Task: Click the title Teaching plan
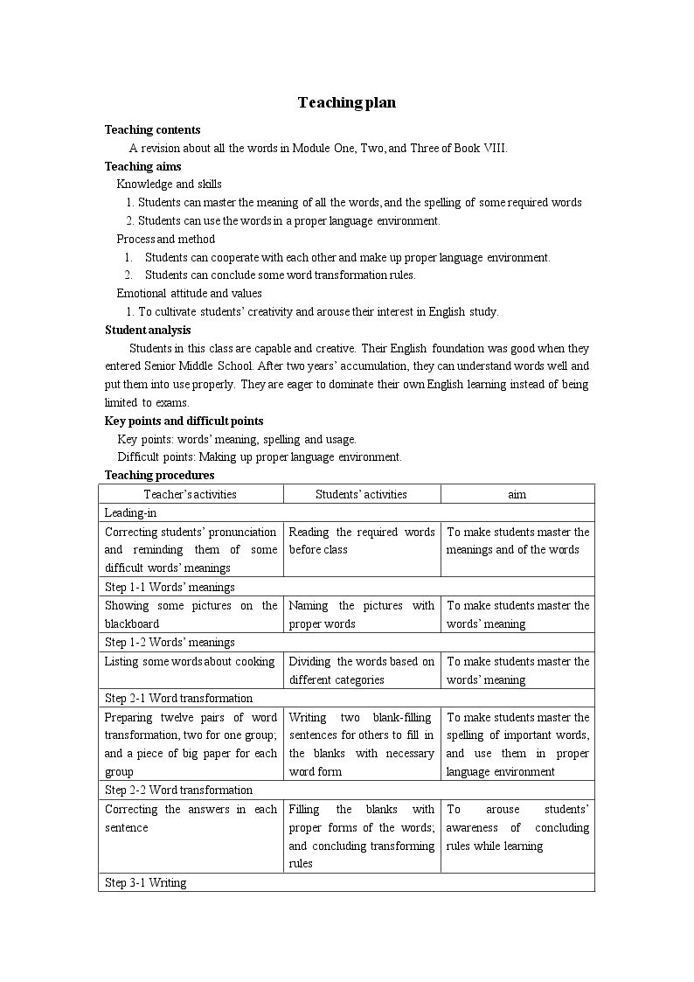346,102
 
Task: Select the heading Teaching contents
152,129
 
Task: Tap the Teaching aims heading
142,166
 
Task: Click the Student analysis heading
148,330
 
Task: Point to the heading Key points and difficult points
184,421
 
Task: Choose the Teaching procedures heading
159,475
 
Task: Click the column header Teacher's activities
191,494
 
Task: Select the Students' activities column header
361,494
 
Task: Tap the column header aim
517,494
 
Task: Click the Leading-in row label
130,513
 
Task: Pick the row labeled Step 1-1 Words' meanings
170,587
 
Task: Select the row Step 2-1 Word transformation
178,698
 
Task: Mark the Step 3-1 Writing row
145,882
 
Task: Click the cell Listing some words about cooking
190,661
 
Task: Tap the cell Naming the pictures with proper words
361,614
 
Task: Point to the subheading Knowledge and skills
169,184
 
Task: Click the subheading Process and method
165,239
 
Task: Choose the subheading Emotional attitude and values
189,293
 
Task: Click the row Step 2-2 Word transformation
178,790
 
